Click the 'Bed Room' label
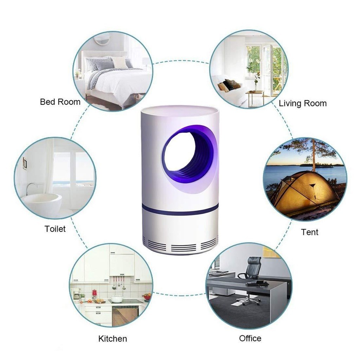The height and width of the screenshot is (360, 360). tap(60, 102)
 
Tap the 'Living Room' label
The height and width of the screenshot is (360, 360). tap(303, 104)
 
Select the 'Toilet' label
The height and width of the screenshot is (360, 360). tap(55, 229)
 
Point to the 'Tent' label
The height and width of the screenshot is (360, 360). tap(309, 232)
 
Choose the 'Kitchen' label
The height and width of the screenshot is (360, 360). tap(112, 339)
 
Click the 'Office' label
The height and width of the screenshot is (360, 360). tap(250, 338)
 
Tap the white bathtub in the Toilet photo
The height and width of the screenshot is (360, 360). tap(42, 203)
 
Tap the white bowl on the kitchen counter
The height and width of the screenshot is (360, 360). tap(117, 299)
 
